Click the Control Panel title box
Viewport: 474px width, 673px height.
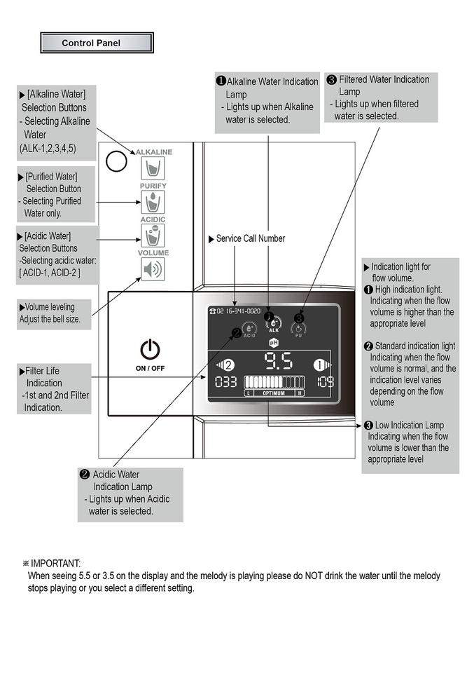point(97,43)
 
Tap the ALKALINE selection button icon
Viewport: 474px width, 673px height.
point(153,169)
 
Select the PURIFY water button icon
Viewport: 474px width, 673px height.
point(153,203)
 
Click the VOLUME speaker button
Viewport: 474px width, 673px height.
point(153,269)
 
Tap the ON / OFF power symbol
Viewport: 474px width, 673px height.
point(150,348)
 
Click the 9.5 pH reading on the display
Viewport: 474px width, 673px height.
point(278,363)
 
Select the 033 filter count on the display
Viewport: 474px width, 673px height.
point(225,382)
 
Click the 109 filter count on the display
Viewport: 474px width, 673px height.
point(325,382)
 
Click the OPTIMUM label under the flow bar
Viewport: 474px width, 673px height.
point(274,393)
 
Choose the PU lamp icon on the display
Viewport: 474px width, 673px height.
point(298,328)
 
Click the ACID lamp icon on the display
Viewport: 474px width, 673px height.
point(249,329)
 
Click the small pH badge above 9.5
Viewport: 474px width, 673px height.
point(274,343)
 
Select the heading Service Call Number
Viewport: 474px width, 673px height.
point(250,238)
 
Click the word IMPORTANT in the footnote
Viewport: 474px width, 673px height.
point(55,563)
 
